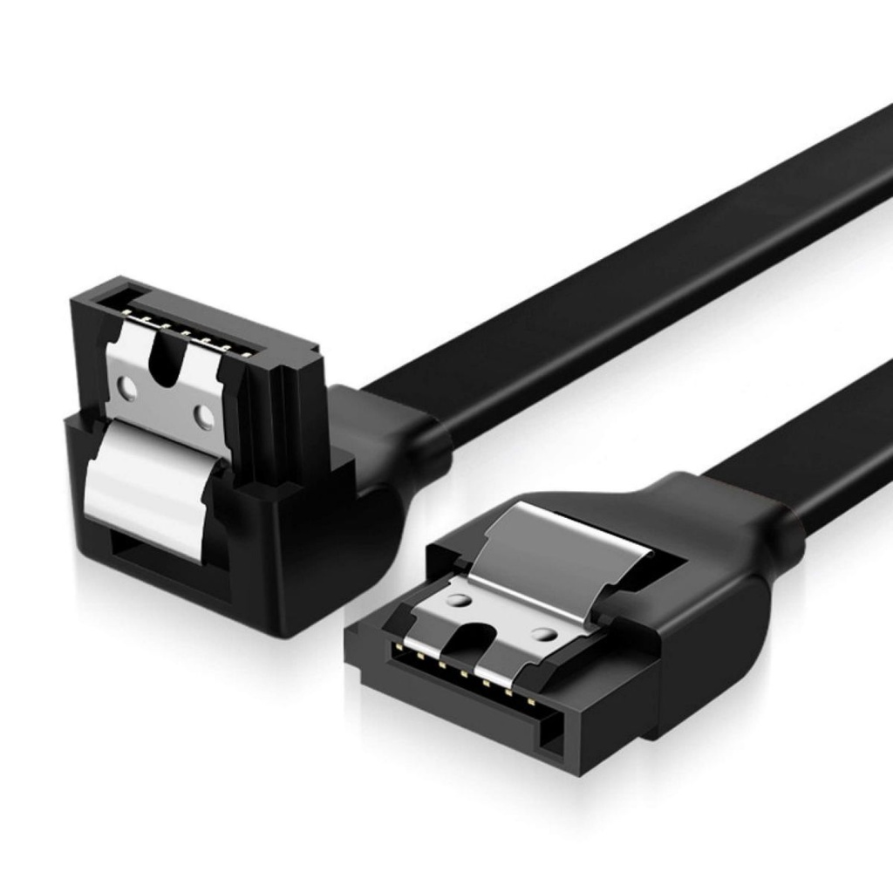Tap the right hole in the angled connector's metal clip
click(203, 416)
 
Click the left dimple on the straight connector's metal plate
click(456, 602)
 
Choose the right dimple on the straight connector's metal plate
click(543, 635)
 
